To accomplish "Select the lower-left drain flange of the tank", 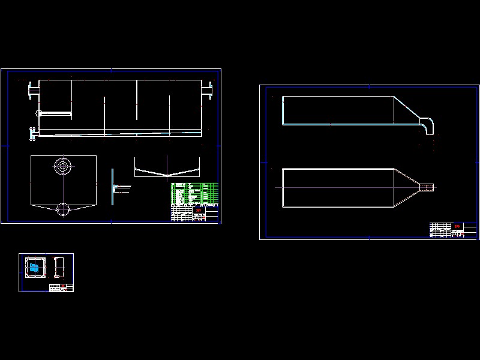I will [33, 133].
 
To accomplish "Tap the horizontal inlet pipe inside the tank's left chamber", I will [54, 113].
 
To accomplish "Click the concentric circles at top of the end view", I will [62, 166].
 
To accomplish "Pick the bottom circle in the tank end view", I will [63, 209].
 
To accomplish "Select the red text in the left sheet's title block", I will [197, 211].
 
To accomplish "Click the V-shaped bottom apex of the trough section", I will [166, 176].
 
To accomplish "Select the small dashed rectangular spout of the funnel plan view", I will [426, 188].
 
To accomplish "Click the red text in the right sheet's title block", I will [457, 226].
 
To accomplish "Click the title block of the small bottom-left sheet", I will [61, 287].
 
